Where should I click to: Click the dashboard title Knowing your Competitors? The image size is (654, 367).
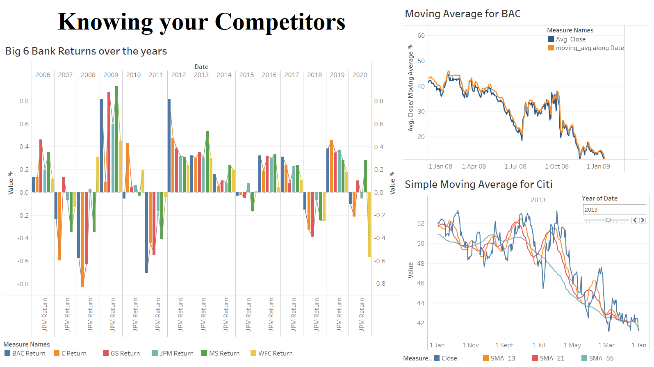pos(201,22)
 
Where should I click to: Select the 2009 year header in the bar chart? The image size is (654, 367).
pos(111,75)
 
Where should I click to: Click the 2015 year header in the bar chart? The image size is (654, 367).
pos(246,75)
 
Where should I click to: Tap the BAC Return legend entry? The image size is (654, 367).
pos(25,353)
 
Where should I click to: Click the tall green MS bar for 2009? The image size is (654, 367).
pos(117,139)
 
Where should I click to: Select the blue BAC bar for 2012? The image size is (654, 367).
pos(169,146)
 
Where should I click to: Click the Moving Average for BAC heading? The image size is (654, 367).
pos(463,14)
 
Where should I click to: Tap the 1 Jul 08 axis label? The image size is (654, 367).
pos(515,166)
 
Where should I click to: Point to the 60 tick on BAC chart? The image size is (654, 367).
pos(421,36)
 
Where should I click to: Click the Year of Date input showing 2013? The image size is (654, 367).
pos(614,210)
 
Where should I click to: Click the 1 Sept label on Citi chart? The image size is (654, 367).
pos(504,345)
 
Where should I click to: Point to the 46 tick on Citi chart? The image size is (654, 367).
pos(421,283)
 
